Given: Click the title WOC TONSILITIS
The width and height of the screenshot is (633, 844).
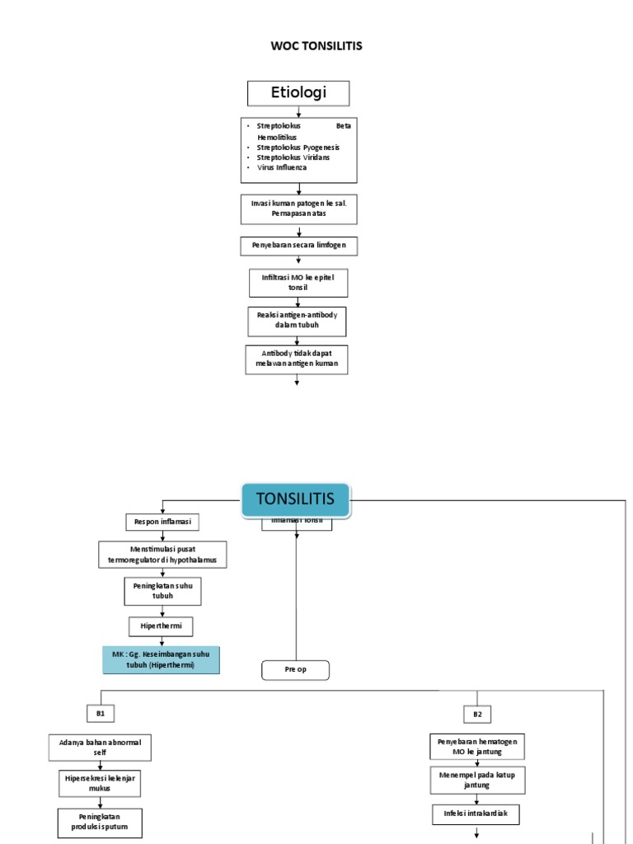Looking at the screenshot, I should [316, 46].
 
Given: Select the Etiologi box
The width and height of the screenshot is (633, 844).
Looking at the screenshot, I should [298, 93].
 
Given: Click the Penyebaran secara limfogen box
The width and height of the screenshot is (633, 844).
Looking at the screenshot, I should [298, 246].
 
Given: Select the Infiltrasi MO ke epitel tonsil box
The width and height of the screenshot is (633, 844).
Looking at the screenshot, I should [298, 283].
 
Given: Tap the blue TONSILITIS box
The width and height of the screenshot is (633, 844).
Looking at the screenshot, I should [295, 499].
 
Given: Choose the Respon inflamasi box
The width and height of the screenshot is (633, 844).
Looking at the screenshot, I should [162, 522].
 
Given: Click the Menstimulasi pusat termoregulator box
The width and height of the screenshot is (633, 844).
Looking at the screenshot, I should [162, 555].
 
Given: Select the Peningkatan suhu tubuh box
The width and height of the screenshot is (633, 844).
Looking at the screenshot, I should [162, 590].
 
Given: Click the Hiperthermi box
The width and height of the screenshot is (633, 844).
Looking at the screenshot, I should [162, 626].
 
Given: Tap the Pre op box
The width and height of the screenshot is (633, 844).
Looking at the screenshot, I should [295, 670].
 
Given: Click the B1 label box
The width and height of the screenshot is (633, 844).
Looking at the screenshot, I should [101, 712].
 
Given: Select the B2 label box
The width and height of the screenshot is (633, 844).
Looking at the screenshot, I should [477, 713].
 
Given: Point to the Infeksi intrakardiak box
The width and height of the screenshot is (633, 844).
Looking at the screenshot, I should [477, 814].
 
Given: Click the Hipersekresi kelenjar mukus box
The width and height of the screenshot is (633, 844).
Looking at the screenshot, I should [100, 781].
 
